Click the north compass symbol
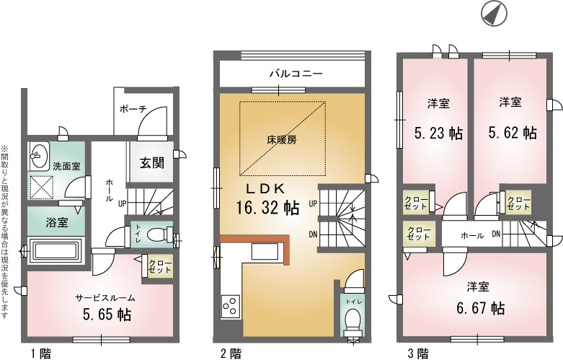pos(494,13)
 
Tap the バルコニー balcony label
pos(296,74)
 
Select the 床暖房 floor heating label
pos(282,139)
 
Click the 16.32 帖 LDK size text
pos(267,207)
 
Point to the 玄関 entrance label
pos(152,163)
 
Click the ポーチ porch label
pos(133,109)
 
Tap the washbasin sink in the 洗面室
pos(39,157)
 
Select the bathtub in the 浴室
pos(56,250)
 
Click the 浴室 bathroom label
pos(57,222)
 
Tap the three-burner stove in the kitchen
pos(231,306)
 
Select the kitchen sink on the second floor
pos(265,251)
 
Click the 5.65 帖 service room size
pos(107,315)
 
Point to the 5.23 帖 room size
pos(438,133)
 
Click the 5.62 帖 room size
pos(513,133)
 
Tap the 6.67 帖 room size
pos(481,308)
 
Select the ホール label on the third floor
pos(472,236)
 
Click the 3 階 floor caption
pos(418,354)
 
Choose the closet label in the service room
pos(159,266)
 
